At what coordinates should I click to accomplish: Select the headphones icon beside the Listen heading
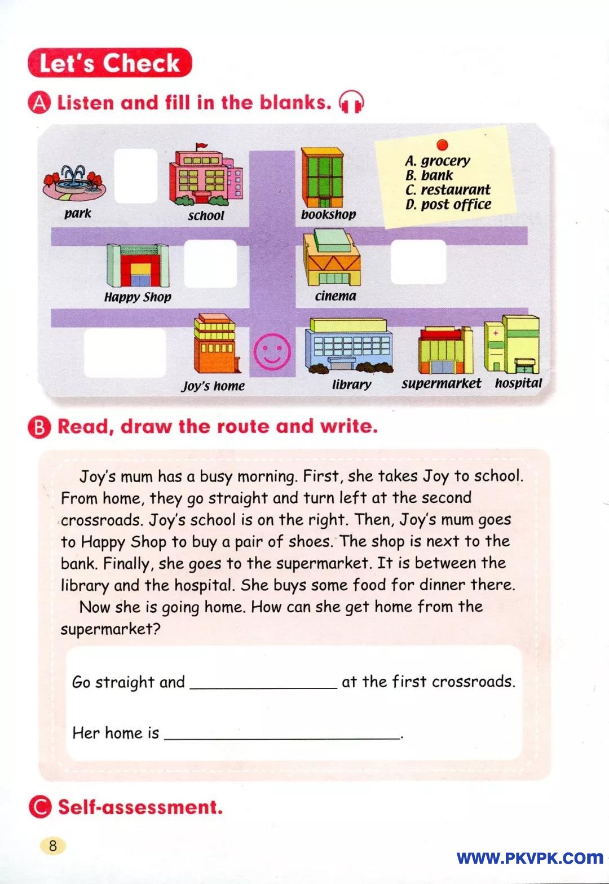[x=351, y=103]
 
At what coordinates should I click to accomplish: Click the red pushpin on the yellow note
[x=442, y=145]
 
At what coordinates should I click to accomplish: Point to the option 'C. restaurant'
[x=448, y=189]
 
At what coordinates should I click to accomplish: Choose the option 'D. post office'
[x=448, y=204]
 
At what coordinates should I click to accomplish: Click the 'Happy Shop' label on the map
[x=138, y=297]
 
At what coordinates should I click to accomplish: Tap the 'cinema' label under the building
[x=336, y=296]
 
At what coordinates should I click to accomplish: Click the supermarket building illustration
[x=445, y=351]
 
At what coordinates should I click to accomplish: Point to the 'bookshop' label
[x=328, y=214]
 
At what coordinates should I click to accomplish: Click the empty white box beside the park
[x=135, y=175]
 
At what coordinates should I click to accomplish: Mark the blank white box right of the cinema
[x=418, y=262]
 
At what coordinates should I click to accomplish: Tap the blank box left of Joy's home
[x=125, y=352]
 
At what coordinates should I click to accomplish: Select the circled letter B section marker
[x=39, y=427]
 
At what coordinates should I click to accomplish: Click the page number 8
[x=53, y=845]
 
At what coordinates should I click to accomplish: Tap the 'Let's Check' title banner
[x=110, y=63]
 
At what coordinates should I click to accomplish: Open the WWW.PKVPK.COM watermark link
[x=529, y=858]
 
